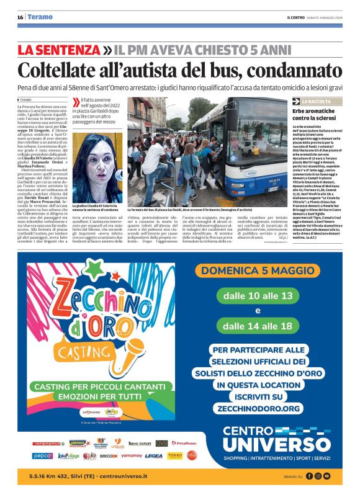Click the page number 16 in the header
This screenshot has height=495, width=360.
[x=20, y=17]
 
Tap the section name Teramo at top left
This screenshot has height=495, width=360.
[x=40, y=17]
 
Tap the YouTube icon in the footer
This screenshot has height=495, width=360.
[x=327, y=476]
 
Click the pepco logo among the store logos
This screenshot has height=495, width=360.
[x=43, y=456]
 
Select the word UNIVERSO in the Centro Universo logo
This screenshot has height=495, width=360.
[x=268, y=444]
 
